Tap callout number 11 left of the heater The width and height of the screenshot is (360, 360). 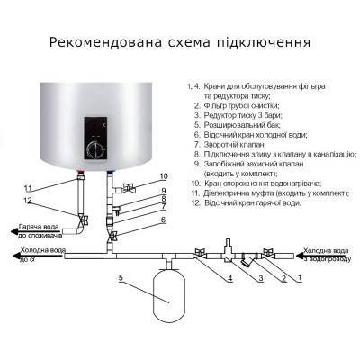click(29, 187)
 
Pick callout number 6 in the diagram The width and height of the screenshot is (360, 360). click(164, 220)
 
